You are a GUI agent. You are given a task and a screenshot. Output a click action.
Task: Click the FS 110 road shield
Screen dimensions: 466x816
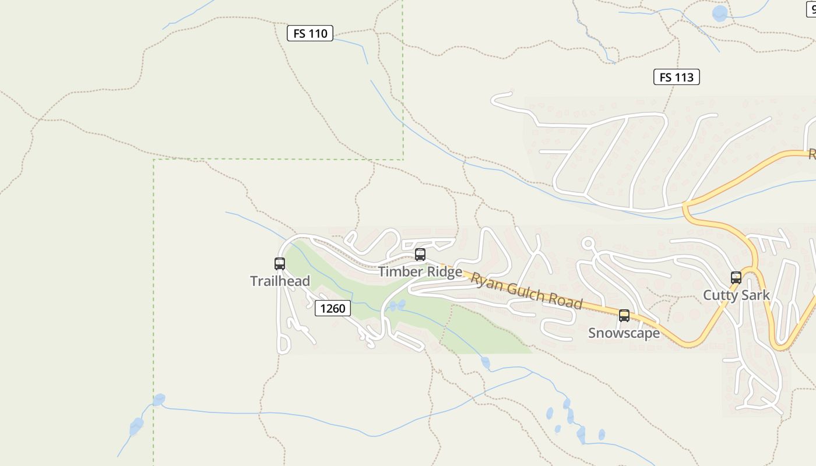point(310,33)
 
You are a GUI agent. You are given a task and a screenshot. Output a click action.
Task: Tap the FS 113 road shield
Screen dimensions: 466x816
point(676,77)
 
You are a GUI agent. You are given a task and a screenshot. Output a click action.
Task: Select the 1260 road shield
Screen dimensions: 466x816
point(333,308)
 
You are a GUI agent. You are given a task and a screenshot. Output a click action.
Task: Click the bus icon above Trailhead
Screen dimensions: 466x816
point(280,264)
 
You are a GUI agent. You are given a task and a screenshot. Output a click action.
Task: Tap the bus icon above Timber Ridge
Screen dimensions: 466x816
point(420,255)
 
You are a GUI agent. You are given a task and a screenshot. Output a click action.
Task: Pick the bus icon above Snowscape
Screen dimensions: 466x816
point(624,316)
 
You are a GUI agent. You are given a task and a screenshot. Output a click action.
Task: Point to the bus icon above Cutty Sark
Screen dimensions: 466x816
point(736,278)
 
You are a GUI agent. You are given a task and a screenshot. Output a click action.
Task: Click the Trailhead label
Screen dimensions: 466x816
point(280,281)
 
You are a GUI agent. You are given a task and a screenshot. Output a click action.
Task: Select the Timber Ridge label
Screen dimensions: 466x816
point(420,272)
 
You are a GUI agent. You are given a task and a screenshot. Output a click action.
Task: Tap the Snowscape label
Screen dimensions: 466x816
point(624,333)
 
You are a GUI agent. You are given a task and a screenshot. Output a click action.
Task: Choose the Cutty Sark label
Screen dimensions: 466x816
point(736,295)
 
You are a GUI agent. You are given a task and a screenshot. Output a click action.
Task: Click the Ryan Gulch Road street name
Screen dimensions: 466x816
point(526,291)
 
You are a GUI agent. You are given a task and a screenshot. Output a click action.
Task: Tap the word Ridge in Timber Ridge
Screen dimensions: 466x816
point(444,272)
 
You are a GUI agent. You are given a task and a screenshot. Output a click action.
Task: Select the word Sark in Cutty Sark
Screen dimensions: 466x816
point(756,295)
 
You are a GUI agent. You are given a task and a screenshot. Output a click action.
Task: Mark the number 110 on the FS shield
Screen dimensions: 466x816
point(318,33)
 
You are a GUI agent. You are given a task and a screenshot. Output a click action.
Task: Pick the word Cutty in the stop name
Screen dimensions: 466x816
point(720,295)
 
